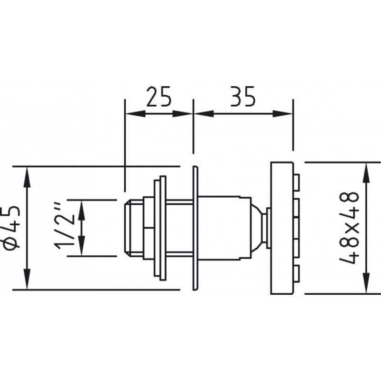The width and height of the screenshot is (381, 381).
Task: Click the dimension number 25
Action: [159, 96]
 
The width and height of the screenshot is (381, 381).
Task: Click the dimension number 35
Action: [243, 96]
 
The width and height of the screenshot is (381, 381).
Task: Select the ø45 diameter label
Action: [11, 228]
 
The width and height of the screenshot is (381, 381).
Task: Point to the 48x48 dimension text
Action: [349, 228]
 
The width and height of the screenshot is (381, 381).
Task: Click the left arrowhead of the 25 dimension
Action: [135, 113]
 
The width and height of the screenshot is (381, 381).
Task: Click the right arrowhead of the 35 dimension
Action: [282, 113]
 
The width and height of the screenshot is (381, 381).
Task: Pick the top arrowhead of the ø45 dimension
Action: [27, 177]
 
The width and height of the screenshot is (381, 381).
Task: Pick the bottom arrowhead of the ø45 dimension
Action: [27, 280]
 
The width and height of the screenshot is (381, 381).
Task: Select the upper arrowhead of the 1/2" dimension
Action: [81, 210]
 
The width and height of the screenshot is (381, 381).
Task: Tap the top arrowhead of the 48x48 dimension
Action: [366, 172]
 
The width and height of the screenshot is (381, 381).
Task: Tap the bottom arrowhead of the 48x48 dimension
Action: [366, 283]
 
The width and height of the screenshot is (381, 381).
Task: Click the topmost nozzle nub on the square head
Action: [296, 181]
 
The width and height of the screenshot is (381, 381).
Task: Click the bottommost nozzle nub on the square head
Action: [296, 274]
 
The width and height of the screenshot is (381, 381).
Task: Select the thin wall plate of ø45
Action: [196, 228]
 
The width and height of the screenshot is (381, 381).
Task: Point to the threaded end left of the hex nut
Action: [134, 228]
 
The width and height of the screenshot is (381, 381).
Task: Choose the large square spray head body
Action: [282, 228]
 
